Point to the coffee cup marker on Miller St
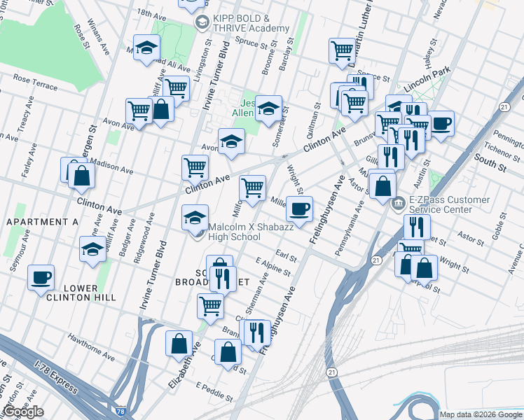pos(299,209)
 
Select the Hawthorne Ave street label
pos(91,348)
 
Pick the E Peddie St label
pos(214,392)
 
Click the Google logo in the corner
pos(23,412)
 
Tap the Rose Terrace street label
pos(34,82)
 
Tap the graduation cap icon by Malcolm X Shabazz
pos(195,217)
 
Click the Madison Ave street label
pos(111,167)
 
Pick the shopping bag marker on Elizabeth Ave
pos(179,343)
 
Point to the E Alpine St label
pos(273,266)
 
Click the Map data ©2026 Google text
pos(480,414)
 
